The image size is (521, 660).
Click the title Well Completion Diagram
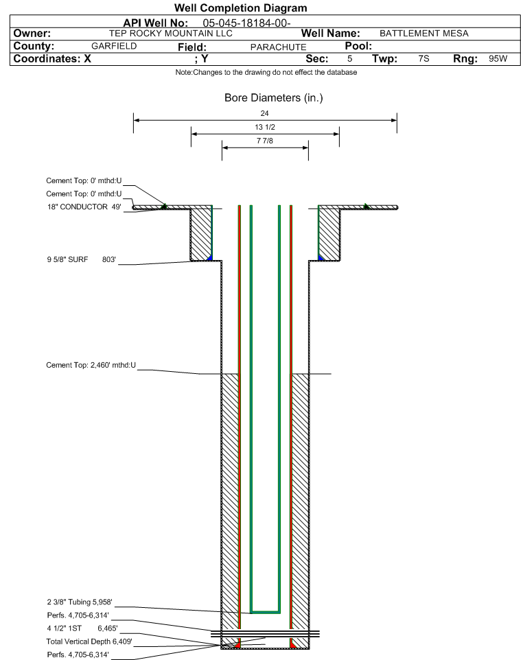point(240,8)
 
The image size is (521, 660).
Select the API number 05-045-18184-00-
point(246,23)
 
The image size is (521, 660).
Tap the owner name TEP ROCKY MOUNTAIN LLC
point(171,33)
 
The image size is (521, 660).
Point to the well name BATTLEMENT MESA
point(424,33)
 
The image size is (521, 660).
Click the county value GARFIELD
point(114,46)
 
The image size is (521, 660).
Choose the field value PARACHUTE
point(278,47)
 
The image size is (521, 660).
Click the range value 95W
point(498,58)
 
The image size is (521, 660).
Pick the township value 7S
point(424,58)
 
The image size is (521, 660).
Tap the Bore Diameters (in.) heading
point(273,97)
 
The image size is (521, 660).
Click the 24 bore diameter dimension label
point(264,113)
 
